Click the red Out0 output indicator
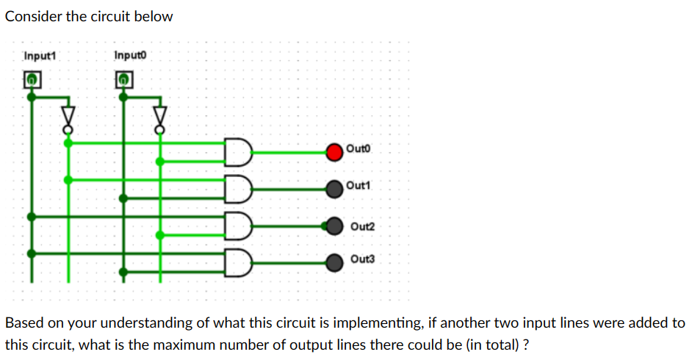[335, 152]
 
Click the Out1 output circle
[335, 187]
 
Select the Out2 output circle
[335, 226]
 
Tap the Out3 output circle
[335, 261]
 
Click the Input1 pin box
[31, 79]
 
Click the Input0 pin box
[124, 79]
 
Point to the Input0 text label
[128, 56]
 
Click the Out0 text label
[359, 148]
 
